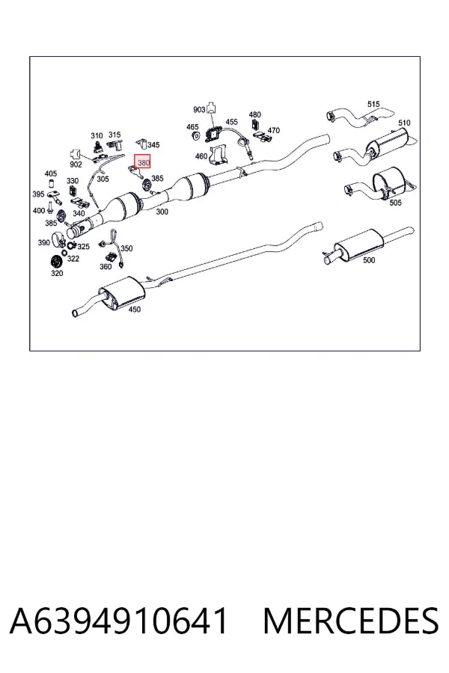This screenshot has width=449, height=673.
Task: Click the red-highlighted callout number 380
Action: click(x=143, y=162)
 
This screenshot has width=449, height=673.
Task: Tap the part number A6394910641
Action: click(x=118, y=621)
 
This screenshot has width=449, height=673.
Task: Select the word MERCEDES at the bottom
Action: click(x=351, y=621)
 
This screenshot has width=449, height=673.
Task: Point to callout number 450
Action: click(x=135, y=310)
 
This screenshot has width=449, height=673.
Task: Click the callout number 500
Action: click(x=369, y=260)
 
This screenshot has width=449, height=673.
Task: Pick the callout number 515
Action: click(x=373, y=104)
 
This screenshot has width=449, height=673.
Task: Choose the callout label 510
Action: click(x=404, y=123)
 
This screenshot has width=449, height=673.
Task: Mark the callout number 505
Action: click(x=395, y=202)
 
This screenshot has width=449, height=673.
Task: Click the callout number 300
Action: click(x=162, y=212)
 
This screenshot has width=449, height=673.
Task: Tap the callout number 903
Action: click(x=199, y=110)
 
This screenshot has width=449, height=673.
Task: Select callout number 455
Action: click(x=231, y=123)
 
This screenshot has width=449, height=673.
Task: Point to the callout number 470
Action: click(x=274, y=130)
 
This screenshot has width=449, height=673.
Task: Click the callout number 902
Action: click(x=76, y=165)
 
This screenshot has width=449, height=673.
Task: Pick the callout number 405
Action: click(x=51, y=173)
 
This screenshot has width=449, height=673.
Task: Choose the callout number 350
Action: click(x=126, y=248)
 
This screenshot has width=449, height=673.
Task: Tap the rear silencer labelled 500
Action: click(x=358, y=243)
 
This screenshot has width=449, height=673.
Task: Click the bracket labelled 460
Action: click(x=219, y=155)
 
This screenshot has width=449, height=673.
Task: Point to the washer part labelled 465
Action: click(x=195, y=136)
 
